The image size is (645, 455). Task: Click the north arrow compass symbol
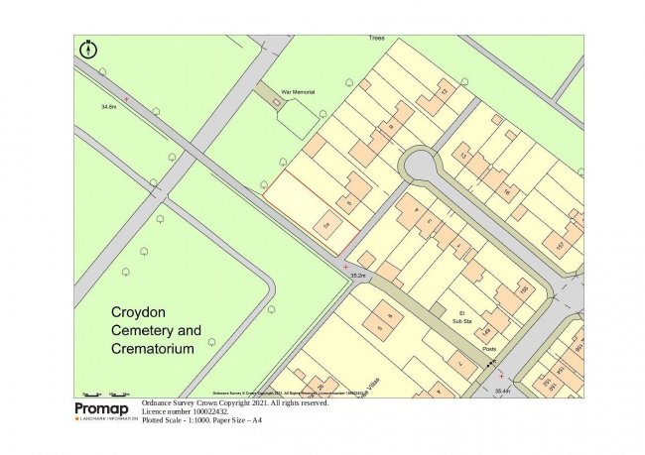click(89, 47)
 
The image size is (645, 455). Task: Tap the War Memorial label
click(299, 91)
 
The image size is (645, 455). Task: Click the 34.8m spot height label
click(110, 106)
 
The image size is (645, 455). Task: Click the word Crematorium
click(153, 349)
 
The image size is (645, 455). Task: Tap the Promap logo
click(105, 409)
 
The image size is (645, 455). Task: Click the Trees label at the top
click(376, 38)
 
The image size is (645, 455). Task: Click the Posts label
click(489, 348)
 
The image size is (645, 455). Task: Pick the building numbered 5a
click(327, 226)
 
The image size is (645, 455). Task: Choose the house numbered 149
click(487, 326)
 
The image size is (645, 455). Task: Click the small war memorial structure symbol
click(277, 102)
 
